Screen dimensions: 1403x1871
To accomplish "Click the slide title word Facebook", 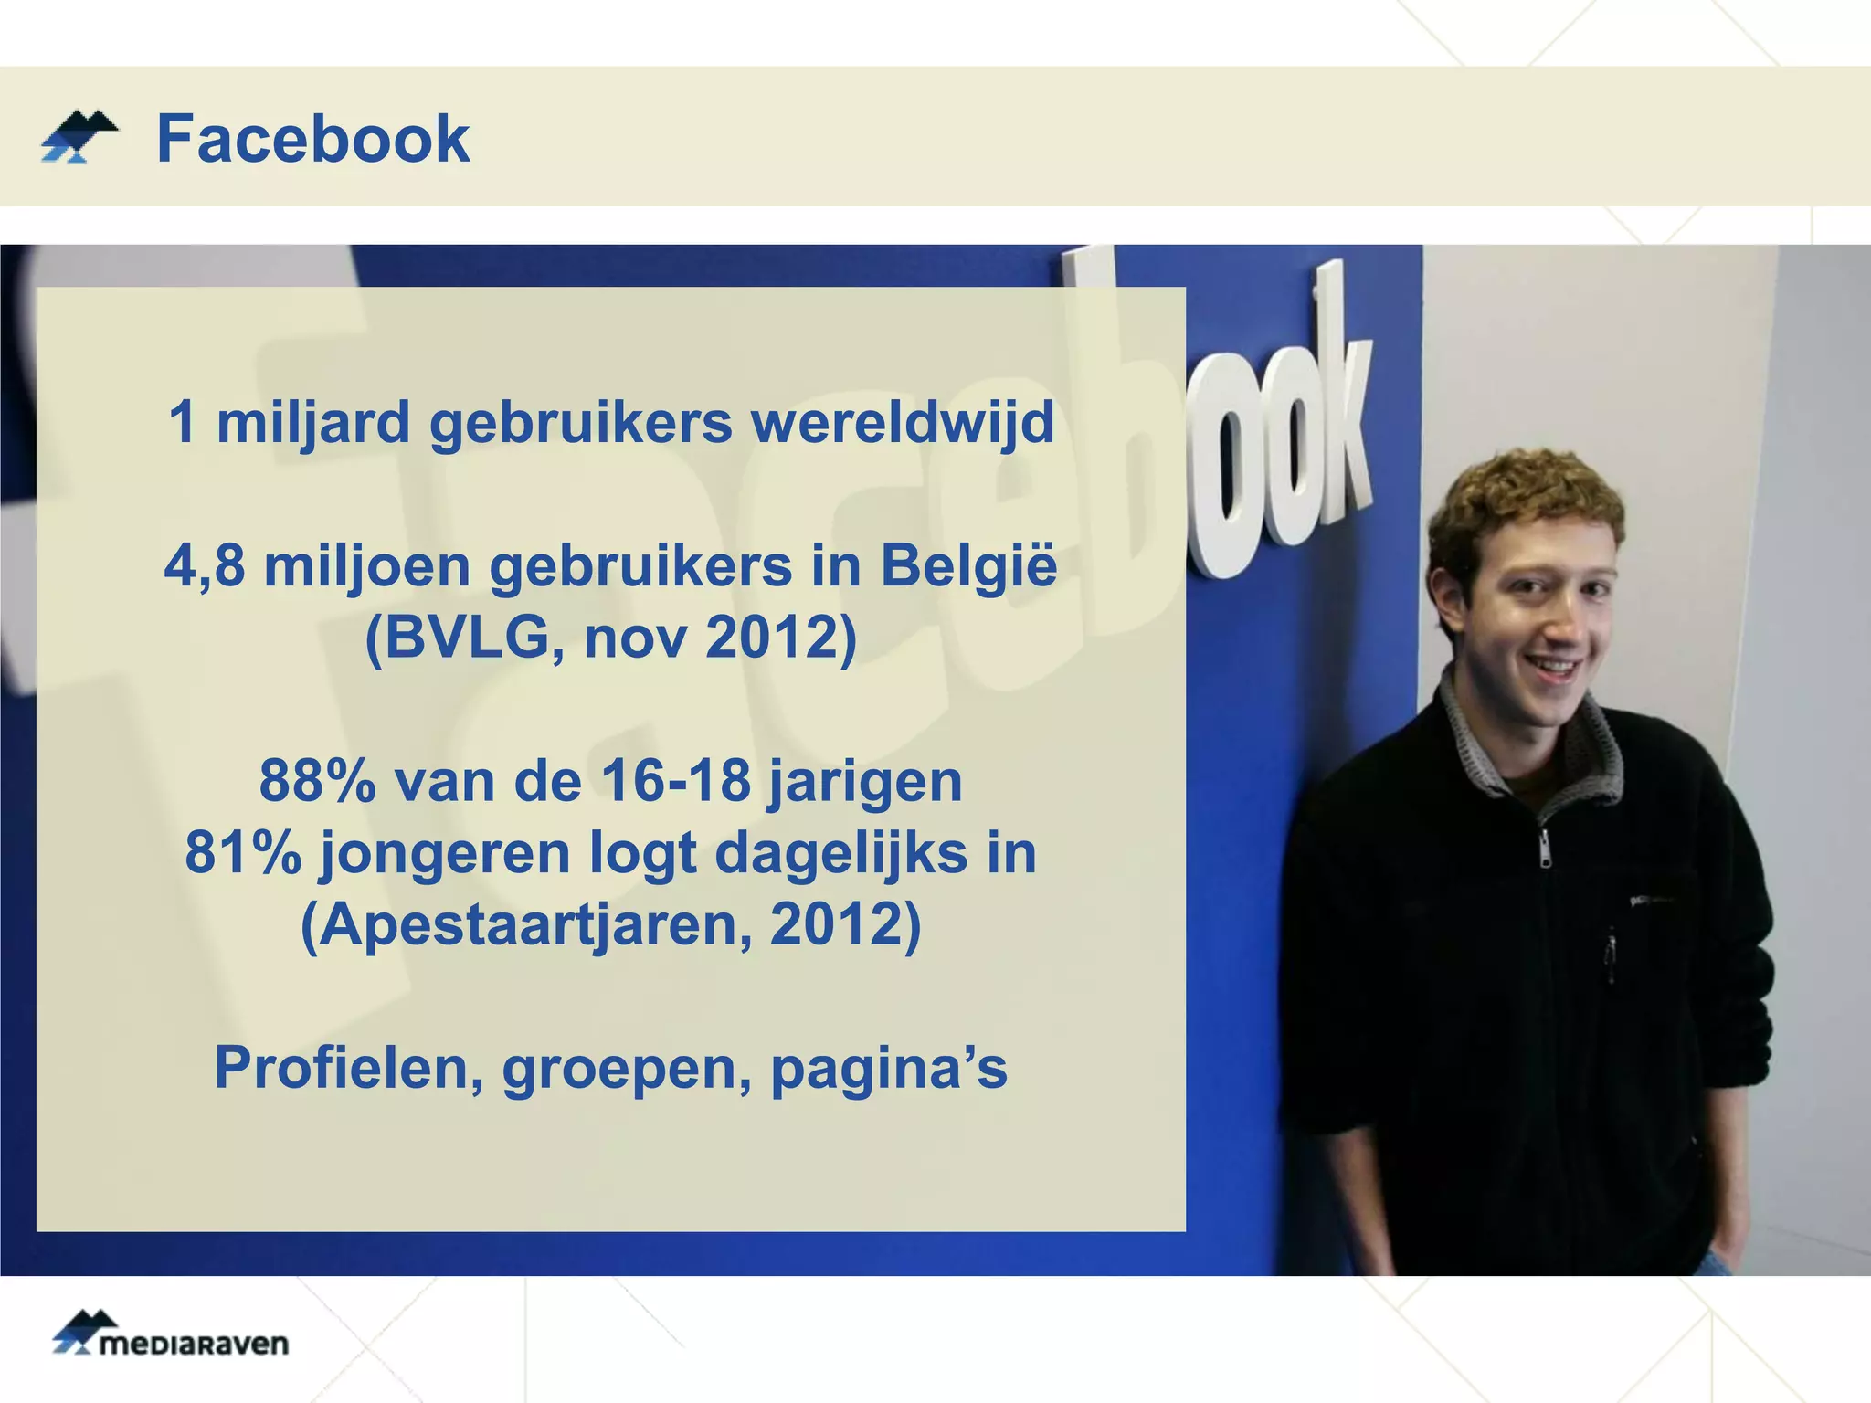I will pyautogui.click(x=312, y=139).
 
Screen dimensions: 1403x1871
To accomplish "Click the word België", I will pyautogui.click(x=968, y=566).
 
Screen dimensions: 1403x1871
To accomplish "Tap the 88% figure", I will pyautogui.click(x=316, y=782).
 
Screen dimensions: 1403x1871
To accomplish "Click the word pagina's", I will pyautogui.click(x=889, y=1069).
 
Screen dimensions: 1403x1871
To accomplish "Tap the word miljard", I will pyautogui.click(x=313, y=424).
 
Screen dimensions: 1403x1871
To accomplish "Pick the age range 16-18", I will pyautogui.click(x=676, y=782).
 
